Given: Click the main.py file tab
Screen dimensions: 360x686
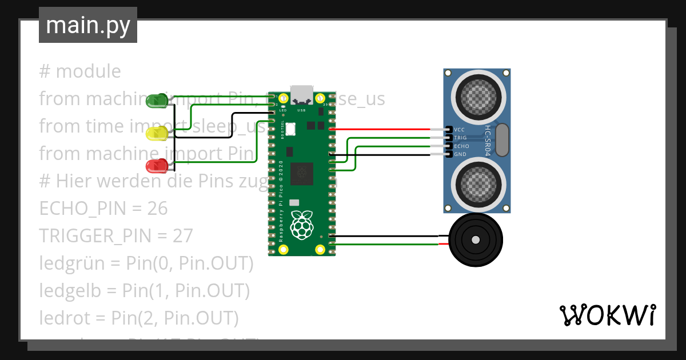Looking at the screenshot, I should point(88,25).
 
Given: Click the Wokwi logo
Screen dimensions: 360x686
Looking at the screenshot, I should point(607,315).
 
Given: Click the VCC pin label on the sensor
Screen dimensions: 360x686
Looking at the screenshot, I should point(460,130).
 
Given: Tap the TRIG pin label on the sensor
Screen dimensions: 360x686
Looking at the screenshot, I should point(460,138).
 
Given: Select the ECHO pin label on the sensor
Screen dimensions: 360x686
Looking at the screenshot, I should point(461,146).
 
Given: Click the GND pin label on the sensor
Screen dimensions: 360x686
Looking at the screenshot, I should point(460,154).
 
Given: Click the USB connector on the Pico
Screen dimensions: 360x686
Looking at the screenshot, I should point(301,94).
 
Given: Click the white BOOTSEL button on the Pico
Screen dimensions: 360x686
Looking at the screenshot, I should point(290,129).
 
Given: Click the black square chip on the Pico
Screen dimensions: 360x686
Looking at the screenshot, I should point(301,173).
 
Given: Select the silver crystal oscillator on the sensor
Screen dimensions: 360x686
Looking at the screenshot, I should point(502,140).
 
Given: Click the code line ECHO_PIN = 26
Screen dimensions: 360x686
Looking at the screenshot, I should point(103,209).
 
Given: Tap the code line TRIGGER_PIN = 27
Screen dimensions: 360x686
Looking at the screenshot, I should point(116,235).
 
